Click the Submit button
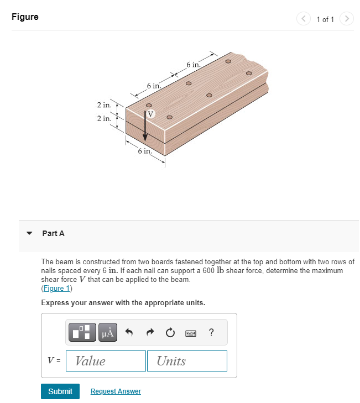(60, 391)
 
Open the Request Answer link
(116, 391)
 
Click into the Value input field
(106, 361)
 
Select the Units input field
(187, 361)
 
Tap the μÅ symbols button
(108, 332)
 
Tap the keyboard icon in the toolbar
(190, 333)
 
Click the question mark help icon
(211, 332)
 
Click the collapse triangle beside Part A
(30, 233)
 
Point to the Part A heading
(53, 233)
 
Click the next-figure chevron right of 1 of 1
(346, 19)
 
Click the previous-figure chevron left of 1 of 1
(304, 19)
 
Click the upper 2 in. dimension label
(104, 105)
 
